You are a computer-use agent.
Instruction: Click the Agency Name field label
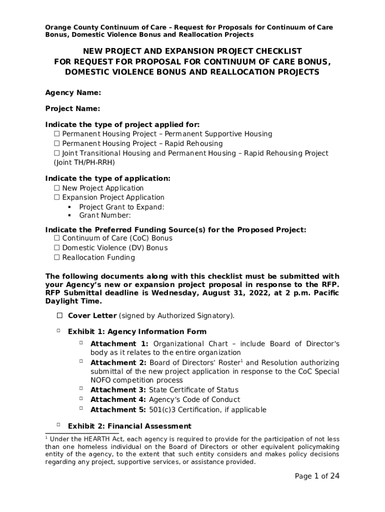coord(73,92)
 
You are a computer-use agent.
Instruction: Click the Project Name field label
coord(72,108)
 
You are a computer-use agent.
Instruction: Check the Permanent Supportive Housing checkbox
coord(56,134)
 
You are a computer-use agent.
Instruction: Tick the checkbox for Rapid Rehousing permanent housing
coord(56,143)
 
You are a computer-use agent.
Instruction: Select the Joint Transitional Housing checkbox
coord(56,153)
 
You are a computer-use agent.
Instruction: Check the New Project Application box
coord(56,188)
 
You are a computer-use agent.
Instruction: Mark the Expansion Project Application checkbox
coord(56,197)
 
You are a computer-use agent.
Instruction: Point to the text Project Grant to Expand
coord(121,207)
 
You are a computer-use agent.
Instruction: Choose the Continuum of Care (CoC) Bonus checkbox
coord(56,238)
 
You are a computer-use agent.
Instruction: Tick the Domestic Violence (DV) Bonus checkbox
coord(56,248)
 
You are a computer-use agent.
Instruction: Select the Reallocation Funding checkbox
coord(56,257)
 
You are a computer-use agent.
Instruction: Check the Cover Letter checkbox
coord(59,315)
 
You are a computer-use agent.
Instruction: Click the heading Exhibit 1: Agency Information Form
coord(137,331)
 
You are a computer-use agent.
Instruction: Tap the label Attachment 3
coord(118,390)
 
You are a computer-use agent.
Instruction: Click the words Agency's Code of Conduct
coord(194,399)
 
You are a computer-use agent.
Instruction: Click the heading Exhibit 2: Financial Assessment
coord(129,426)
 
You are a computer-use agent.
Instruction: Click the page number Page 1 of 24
coord(317,476)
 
